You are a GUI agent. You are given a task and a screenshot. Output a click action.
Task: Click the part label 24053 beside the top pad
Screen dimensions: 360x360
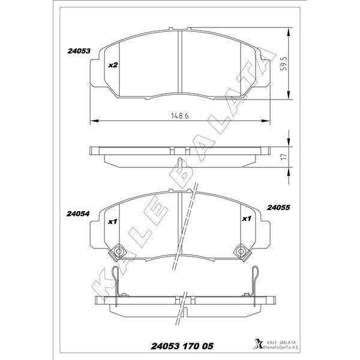tap(78, 52)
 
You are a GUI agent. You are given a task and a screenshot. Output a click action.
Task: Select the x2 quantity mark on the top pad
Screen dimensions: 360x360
tap(112, 65)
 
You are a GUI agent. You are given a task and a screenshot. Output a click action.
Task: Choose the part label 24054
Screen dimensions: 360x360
tap(78, 214)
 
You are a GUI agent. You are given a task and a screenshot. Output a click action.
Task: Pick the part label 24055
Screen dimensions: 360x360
tap(278, 208)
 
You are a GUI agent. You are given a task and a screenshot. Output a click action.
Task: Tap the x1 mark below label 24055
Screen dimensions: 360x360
tap(245, 220)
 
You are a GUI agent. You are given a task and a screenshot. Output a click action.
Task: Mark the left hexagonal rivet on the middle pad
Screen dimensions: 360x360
tap(119, 251)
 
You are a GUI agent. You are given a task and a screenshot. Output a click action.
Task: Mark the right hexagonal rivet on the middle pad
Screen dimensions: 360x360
tap(241, 251)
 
